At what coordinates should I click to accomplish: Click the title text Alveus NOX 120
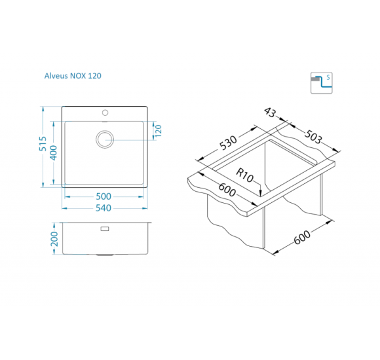click(73, 76)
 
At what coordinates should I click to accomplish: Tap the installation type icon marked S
click(321, 83)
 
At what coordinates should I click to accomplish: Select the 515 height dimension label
click(43, 143)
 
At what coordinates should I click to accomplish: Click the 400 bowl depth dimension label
click(54, 153)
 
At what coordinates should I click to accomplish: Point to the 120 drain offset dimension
click(158, 131)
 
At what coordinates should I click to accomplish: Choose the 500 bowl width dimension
click(104, 196)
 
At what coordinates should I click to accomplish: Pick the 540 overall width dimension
click(104, 208)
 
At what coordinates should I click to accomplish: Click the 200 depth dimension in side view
click(54, 239)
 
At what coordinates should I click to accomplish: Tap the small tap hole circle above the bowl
click(105, 113)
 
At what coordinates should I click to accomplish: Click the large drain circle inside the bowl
click(105, 139)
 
